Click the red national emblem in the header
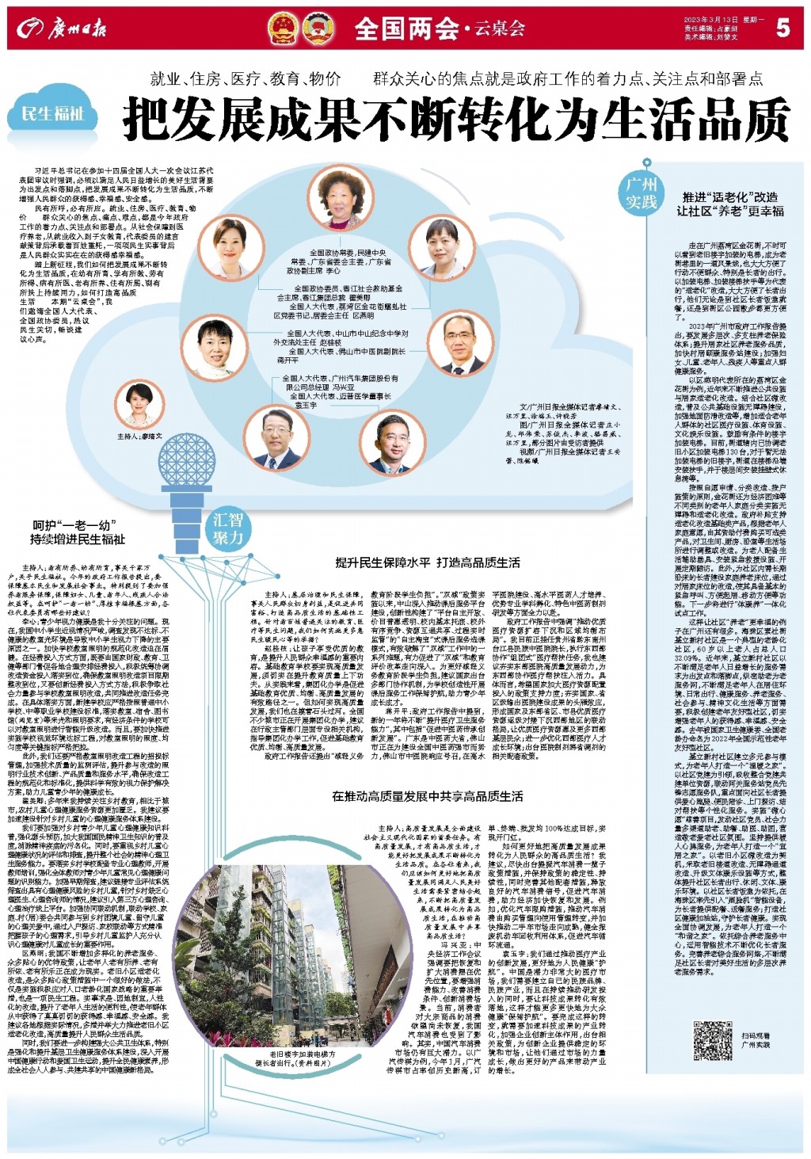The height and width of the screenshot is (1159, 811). pyautogui.click(x=283, y=29)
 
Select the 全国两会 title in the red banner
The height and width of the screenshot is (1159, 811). pyautogui.click(x=406, y=29)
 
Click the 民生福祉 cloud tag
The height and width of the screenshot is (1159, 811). pyautogui.click(x=52, y=113)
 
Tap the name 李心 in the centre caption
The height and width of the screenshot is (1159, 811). pyautogui.click(x=333, y=270)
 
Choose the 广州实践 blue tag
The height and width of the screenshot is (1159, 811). pyautogui.click(x=642, y=193)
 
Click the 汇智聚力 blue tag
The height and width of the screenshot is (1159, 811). pyautogui.click(x=228, y=529)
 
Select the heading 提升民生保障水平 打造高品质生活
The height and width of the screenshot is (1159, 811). pyautogui.click(x=428, y=562)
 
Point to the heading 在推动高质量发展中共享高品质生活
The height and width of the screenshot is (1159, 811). pyautogui.click(x=428, y=796)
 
